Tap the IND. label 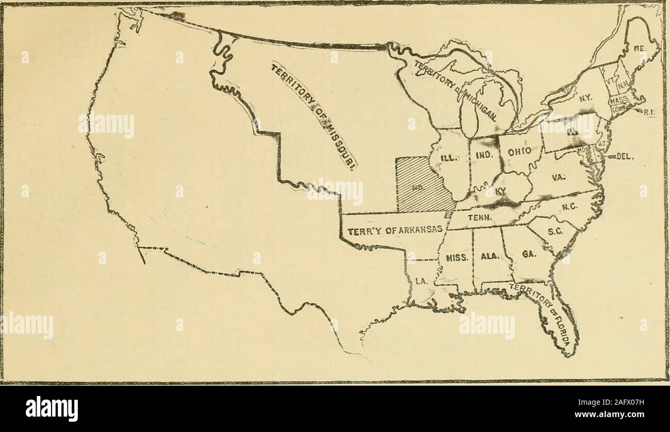[x=485, y=154]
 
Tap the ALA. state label [x=488, y=255]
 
